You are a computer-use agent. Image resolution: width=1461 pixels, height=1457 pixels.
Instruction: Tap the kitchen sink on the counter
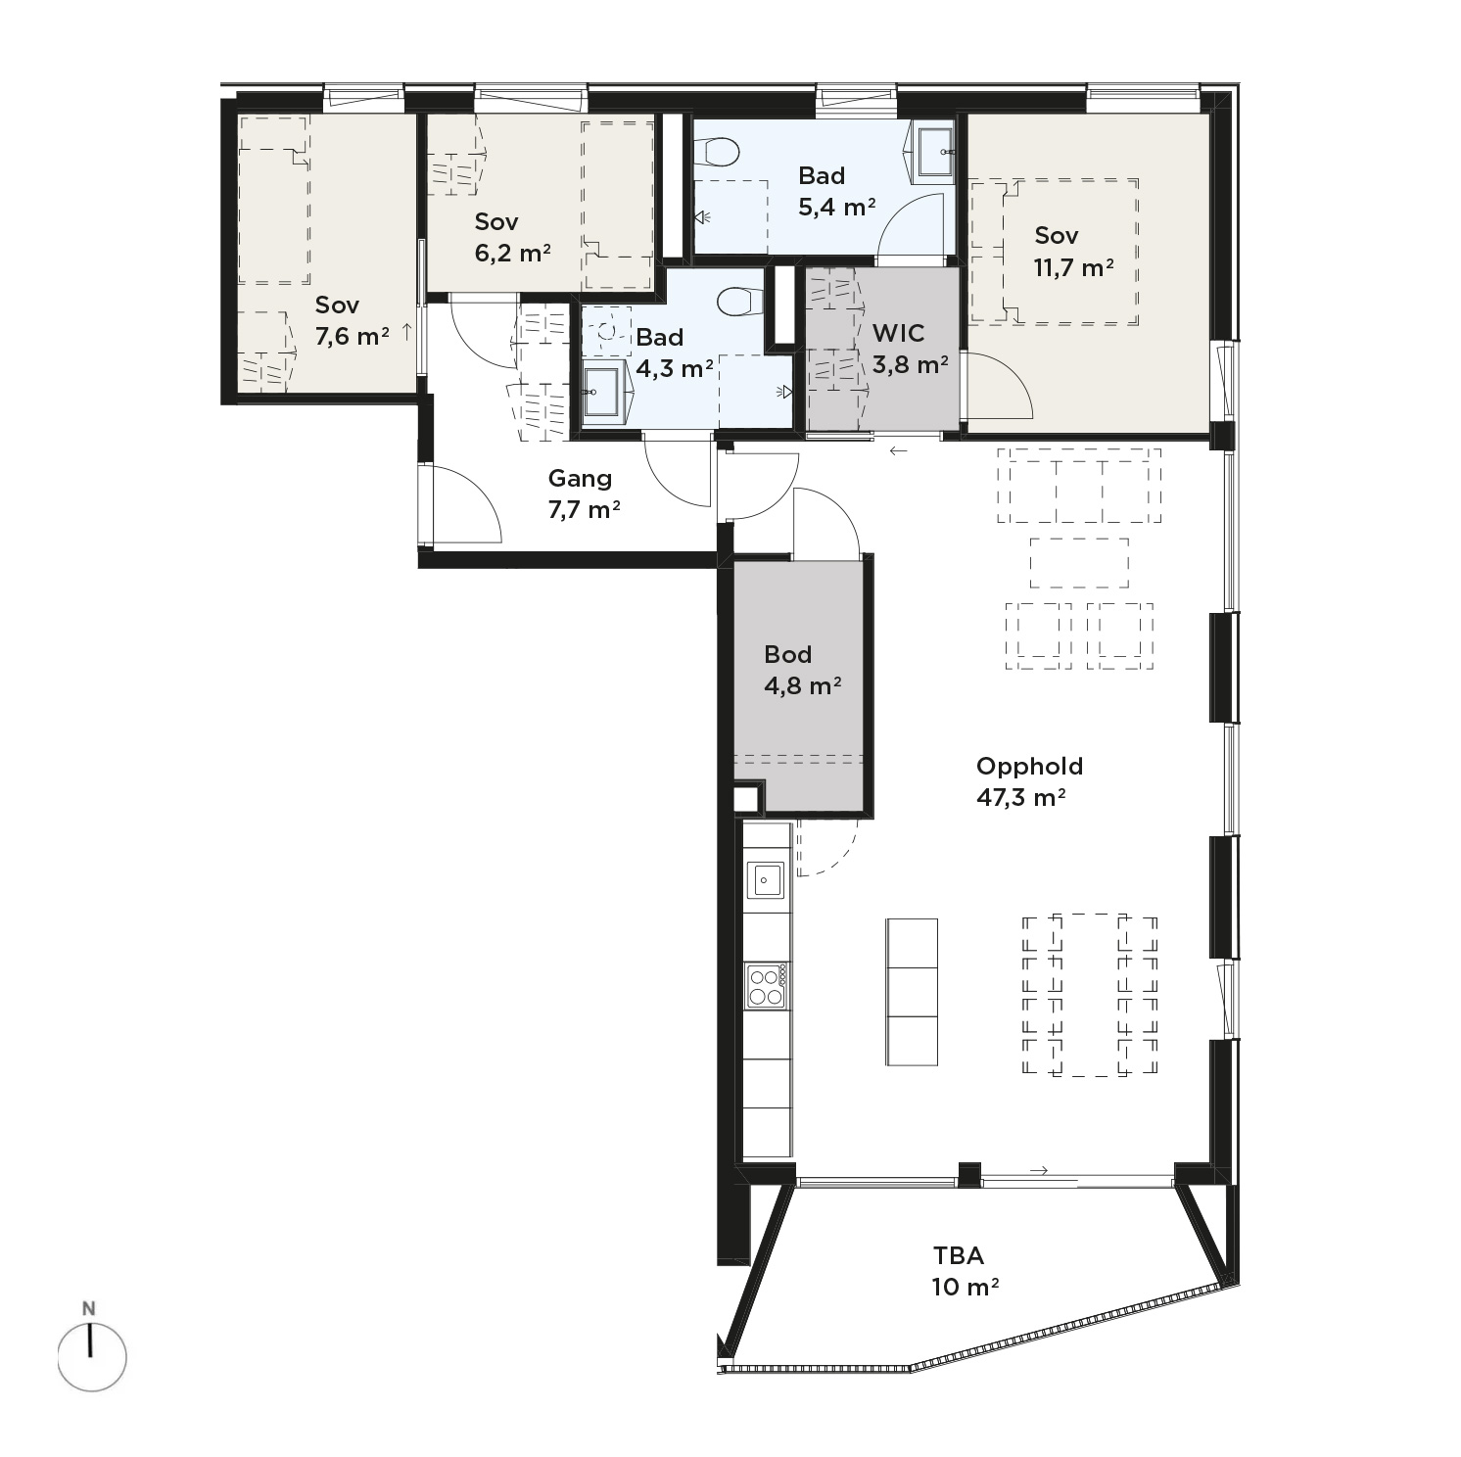pyautogui.click(x=766, y=878)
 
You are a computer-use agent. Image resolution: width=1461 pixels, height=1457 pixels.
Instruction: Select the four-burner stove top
pyautogui.click(x=766, y=986)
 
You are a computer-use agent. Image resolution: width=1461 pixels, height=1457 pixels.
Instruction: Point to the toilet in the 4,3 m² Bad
pyautogui.click(x=740, y=302)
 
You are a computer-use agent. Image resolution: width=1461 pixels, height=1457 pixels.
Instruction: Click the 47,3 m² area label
pyautogui.click(x=1020, y=797)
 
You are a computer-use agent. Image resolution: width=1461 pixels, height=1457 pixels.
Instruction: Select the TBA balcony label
pyautogui.click(x=958, y=1255)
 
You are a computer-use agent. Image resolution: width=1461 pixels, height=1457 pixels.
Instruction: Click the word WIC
pyautogui.click(x=898, y=333)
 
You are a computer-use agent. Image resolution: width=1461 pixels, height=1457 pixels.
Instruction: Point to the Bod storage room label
pyautogui.click(x=788, y=654)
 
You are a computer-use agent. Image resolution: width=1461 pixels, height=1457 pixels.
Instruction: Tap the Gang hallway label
pyautogui.click(x=580, y=479)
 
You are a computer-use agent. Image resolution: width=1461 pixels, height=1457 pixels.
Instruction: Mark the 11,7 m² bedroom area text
pyautogui.click(x=1073, y=267)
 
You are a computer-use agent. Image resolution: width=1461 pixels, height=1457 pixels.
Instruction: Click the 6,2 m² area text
pyautogui.click(x=512, y=254)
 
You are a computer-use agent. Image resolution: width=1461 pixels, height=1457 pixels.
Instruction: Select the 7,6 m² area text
pyautogui.click(x=353, y=337)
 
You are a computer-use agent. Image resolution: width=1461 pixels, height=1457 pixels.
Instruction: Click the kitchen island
pyautogui.click(x=912, y=992)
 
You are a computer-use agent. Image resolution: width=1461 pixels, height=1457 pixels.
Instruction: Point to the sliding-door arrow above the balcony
pyautogui.click(x=1039, y=1170)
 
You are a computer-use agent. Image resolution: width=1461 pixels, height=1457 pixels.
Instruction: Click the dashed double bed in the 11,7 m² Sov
pyautogui.click(x=1070, y=252)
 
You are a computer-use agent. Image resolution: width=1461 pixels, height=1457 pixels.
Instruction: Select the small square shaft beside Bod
pyautogui.click(x=747, y=797)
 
